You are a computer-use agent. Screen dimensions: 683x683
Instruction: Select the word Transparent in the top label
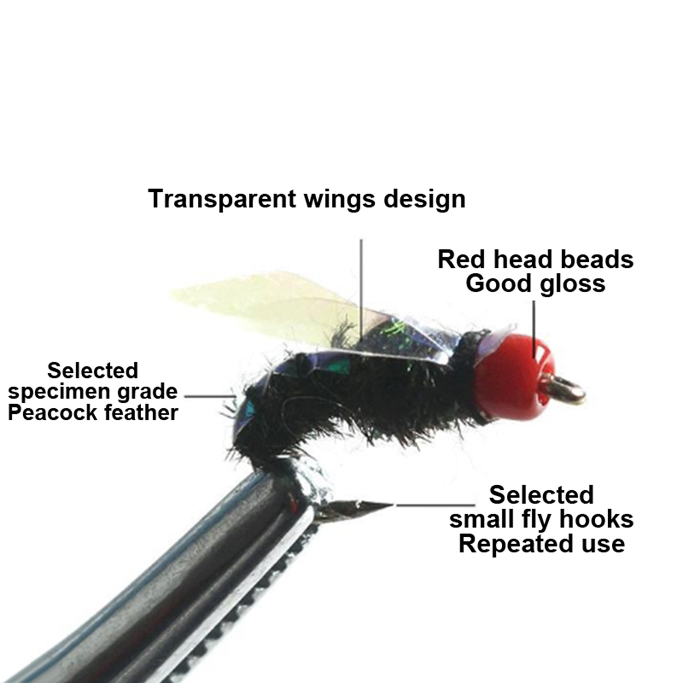(x=222, y=199)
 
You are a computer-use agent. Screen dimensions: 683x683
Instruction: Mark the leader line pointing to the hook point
(x=435, y=505)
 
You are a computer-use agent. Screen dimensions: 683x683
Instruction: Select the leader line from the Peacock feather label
(x=210, y=396)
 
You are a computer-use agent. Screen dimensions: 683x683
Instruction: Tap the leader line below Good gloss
(x=534, y=329)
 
